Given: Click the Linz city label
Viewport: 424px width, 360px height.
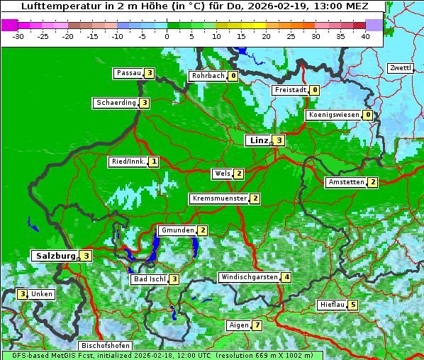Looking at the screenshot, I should pos(258,140).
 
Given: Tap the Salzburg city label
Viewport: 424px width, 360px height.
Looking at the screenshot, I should pos(54,256).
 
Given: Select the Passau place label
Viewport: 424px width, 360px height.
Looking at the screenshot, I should pos(128,73).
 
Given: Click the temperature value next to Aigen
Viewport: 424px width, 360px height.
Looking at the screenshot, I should pos(257,326).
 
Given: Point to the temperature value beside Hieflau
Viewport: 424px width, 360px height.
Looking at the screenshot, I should pos(353,305).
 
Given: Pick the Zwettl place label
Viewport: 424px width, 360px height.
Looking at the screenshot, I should pos(400,68).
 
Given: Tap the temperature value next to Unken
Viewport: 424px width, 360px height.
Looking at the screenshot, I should pos(22,294).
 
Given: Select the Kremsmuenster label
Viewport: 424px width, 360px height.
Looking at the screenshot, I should pos(219,198).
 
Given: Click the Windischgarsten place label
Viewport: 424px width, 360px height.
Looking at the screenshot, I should pos(248,277).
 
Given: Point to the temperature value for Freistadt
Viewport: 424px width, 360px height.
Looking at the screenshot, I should pos(314,90).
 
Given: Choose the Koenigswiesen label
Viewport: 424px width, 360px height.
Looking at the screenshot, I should pos(333,115).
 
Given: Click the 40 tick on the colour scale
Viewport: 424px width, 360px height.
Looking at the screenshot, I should pos(365,36).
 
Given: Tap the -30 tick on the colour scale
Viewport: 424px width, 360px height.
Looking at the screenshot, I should pos(18,36).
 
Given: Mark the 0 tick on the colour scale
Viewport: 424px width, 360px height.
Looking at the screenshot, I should pos(167,36).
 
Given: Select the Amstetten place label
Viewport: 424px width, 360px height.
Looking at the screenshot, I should pos(346,182).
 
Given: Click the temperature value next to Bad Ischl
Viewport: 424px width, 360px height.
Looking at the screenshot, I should pos(174,279).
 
